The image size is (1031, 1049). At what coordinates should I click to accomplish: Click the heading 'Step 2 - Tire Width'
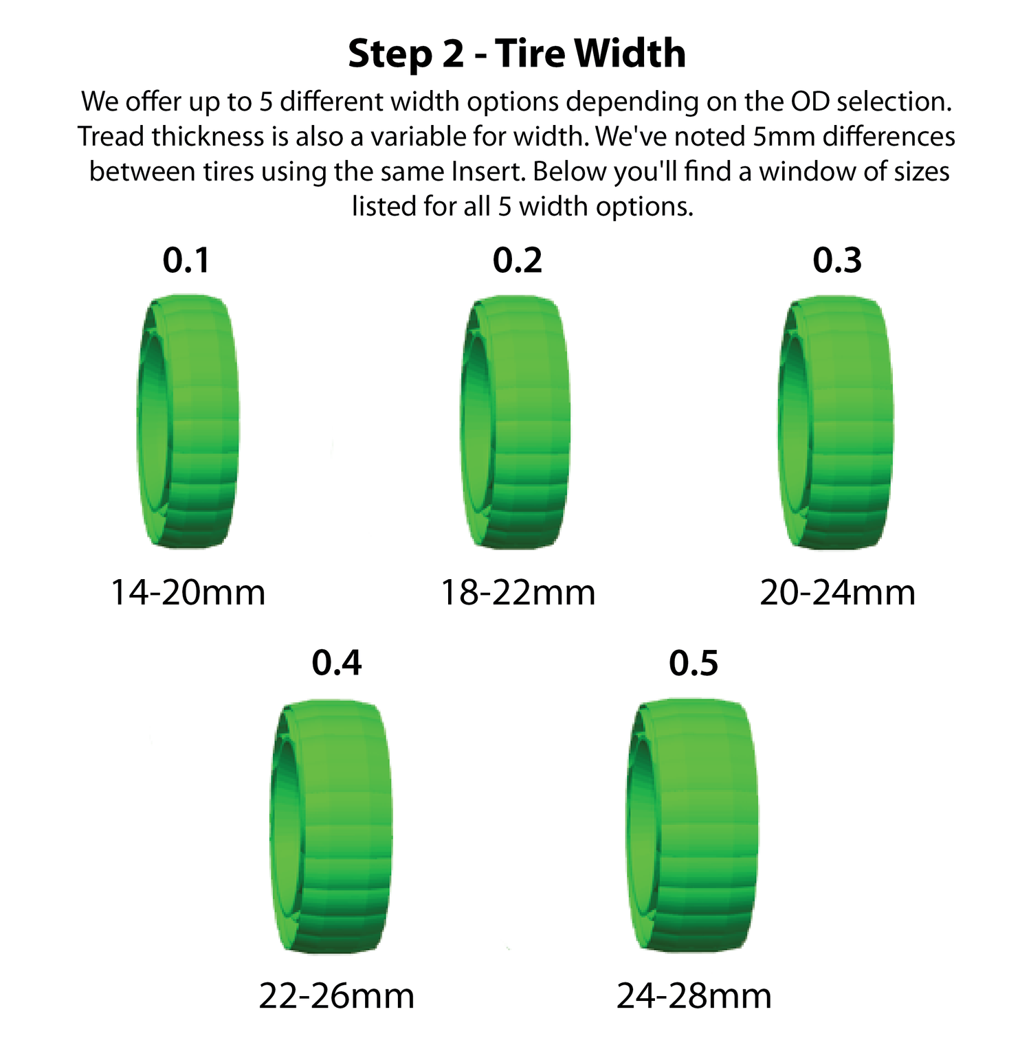[517, 54]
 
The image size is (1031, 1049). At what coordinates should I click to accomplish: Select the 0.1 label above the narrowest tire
[186, 260]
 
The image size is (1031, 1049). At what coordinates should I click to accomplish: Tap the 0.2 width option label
[518, 260]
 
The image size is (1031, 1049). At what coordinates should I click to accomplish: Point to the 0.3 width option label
[837, 260]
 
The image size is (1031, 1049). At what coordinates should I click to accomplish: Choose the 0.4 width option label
[337, 662]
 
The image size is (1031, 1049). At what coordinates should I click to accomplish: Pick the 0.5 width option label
[694, 663]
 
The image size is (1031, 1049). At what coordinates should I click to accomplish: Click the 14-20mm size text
[188, 592]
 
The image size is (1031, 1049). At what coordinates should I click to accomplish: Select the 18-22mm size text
[518, 592]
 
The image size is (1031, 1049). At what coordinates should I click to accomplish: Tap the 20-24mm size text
[837, 592]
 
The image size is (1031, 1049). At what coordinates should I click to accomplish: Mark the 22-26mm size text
[337, 995]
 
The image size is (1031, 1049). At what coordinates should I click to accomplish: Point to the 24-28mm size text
[694, 995]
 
